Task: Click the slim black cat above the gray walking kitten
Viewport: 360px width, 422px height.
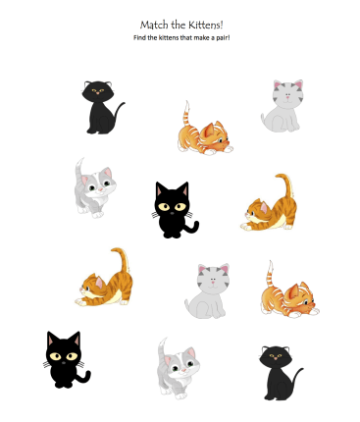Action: coord(101,106)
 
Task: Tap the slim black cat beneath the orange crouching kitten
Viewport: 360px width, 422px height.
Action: coord(282,371)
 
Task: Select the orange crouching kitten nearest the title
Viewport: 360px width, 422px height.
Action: coord(204,131)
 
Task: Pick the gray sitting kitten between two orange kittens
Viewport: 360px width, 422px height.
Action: coord(210,290)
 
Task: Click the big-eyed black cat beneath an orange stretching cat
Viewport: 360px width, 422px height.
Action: coord(66,358)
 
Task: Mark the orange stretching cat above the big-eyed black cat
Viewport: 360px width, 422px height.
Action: coord(105,279)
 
